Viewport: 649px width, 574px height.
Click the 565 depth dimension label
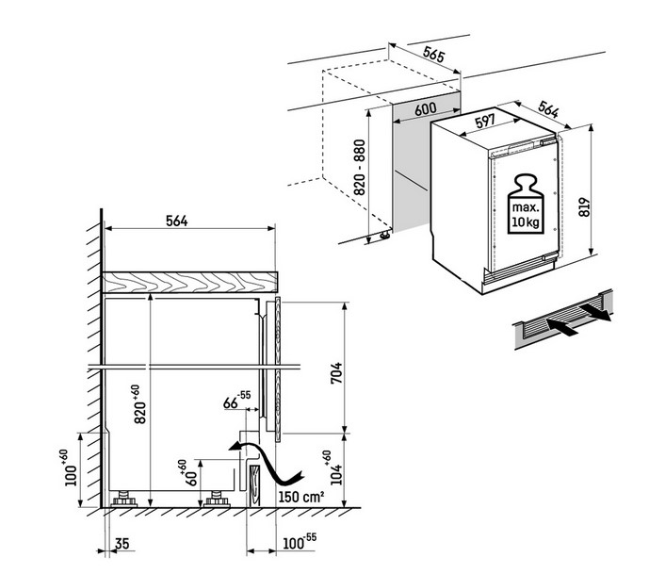point(434,54)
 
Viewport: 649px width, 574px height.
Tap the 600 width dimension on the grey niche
point(426,109)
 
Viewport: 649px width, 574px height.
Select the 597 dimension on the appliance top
point(485,122)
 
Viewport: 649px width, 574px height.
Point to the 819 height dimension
point(584,207)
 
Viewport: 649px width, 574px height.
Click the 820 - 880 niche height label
point(360,168)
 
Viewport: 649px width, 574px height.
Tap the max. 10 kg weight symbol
point(526,204)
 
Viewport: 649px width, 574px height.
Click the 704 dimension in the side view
point(336,372)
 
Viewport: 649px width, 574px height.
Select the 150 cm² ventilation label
point(300,496)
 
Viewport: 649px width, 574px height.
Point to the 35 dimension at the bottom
point(122,543)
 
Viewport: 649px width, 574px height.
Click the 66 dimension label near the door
point(231,402)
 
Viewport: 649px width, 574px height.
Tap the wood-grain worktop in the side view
point(190,282)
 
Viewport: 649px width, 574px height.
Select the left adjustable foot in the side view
point(124,499)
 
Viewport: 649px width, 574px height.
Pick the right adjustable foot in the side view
point(217,499)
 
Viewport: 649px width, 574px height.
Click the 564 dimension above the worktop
point(177,221)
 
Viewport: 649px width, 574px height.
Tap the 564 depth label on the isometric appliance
point(548,109)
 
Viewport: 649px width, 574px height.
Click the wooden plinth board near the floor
point(254,485)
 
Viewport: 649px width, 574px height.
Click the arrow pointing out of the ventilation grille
point(594,312)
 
